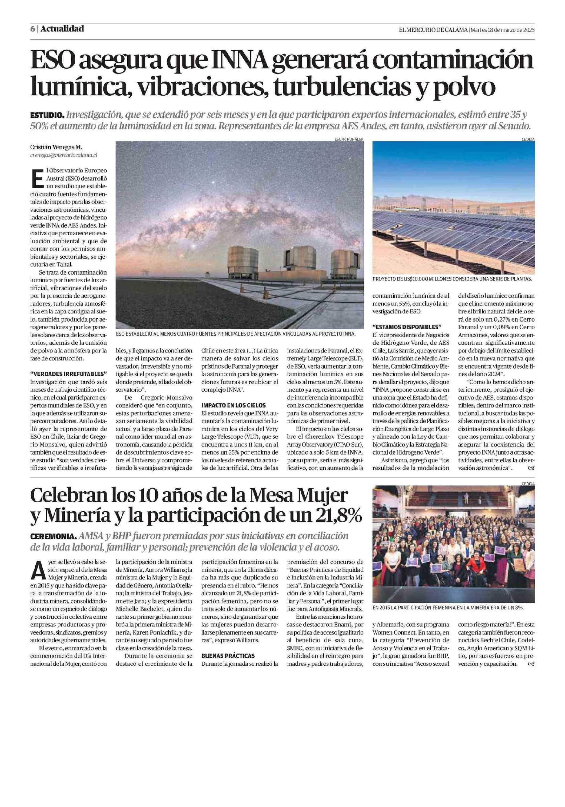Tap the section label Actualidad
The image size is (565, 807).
coord(62,29)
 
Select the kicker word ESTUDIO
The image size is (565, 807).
coord(47,115)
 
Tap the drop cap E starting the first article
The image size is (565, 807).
coord(38,178)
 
